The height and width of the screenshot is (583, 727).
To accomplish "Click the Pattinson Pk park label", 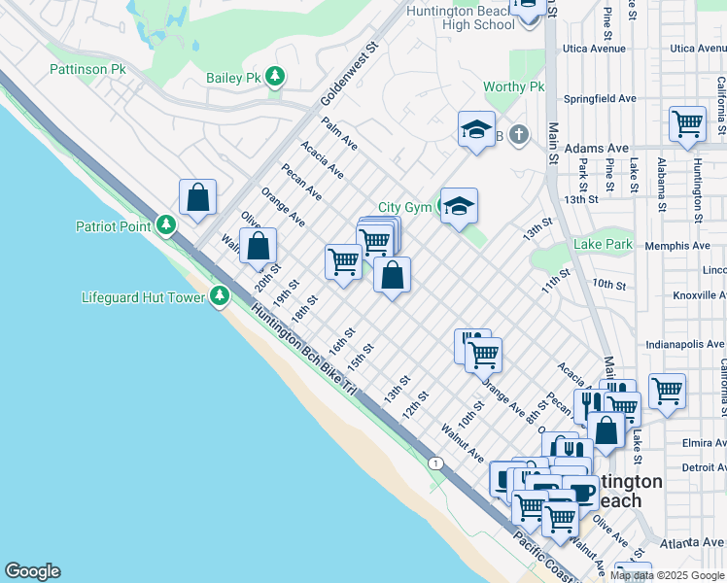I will click(88, 70).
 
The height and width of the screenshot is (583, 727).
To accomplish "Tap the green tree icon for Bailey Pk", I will click(276, 77).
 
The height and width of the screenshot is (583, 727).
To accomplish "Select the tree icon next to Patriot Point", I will click(167, 226).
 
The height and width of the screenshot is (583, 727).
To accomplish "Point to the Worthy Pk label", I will click(514, 87).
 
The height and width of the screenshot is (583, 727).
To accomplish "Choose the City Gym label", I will click(403, 207).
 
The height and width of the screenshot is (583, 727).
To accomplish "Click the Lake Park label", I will click(603, 245).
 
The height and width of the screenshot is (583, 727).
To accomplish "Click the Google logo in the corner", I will click(32, 571).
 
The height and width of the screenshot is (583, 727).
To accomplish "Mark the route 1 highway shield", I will click(436, 463).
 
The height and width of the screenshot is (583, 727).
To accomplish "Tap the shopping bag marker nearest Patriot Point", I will click(197, 197).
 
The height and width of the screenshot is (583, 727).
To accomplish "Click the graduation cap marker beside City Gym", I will click(459, 206).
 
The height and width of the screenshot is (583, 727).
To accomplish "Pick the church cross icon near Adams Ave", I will click(520, 134).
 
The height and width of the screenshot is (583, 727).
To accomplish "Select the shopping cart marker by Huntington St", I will click(687, 124).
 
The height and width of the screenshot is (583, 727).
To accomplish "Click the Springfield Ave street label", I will click(601, 99).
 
